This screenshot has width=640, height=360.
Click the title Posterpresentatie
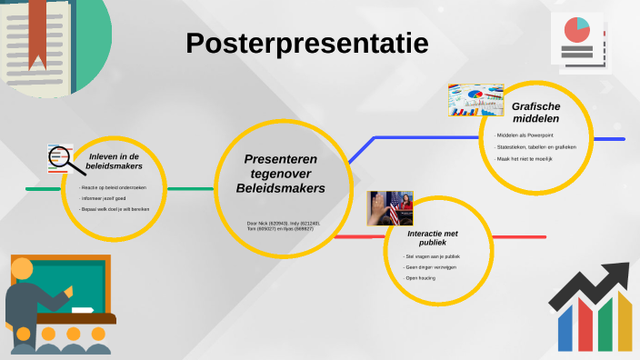pos(307,43)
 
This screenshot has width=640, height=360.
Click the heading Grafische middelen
pos(535,112)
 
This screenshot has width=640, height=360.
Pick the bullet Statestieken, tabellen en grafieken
pos(535,146)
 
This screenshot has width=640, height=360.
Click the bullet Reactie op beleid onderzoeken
pos(111,187)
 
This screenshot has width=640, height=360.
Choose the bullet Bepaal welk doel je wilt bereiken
pos(115,208)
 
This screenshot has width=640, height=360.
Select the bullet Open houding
pos(420,277)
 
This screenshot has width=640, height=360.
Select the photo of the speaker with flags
pos(390,208)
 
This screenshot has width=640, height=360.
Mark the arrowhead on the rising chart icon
pos(620,273)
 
